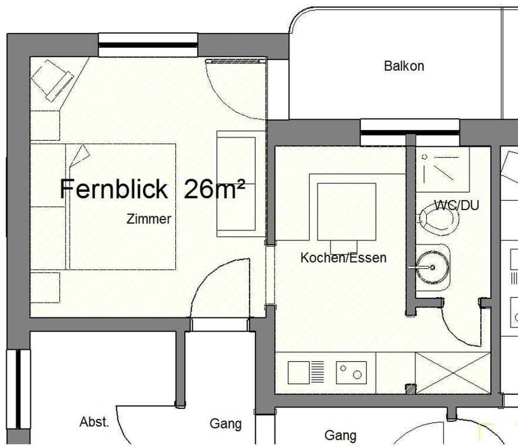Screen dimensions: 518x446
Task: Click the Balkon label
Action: pos(404,66)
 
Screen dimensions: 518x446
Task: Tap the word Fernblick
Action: pos(114,189)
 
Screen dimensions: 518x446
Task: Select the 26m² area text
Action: pos(214,189)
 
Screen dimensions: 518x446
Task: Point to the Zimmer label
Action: pos(149,219)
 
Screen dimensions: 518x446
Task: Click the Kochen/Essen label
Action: pos(343,257)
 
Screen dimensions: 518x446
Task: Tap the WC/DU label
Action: pos(457,205)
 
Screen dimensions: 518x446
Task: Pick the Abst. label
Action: pos(94,422)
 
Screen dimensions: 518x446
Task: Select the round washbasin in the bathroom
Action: pos(432,267)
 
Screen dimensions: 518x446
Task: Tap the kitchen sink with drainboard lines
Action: pos(306,373)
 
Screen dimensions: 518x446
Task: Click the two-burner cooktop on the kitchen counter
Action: pos(351,373)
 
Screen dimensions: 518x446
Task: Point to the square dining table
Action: pos(347,212)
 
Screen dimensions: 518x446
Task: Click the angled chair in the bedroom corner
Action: pos(53,80)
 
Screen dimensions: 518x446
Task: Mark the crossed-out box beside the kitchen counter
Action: pos(453,373)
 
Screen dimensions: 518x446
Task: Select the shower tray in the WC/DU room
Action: pos(442,170)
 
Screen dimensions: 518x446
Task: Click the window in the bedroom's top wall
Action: pos(148,45)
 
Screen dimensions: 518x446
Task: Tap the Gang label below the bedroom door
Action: pos(226,424)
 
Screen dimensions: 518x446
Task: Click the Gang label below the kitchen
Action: pos(341,435)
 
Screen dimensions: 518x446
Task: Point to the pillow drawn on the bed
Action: pos(80,155)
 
